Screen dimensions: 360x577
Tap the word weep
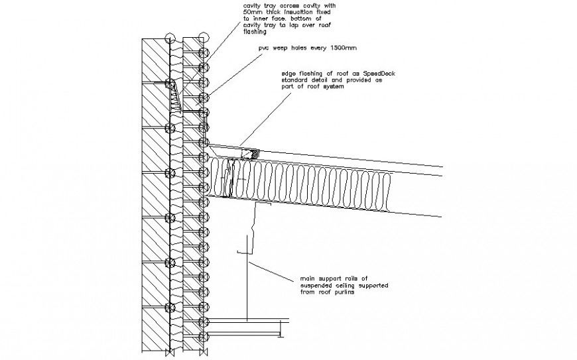tap(284, 48)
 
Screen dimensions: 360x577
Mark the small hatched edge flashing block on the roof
tap(250, 154)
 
